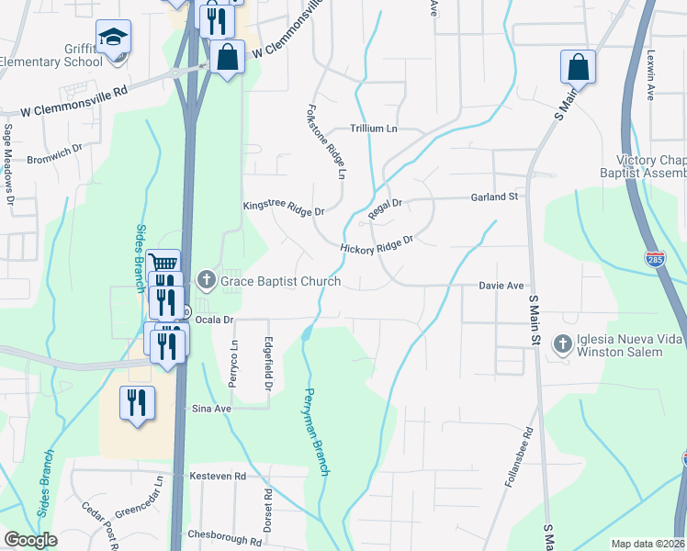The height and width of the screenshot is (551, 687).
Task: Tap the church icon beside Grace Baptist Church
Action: [x=207, y=280]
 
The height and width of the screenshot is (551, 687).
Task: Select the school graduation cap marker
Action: [x=114, y=39]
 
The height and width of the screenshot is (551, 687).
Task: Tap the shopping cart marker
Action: [x=163, y=265]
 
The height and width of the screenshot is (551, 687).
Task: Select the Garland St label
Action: [x=495, y=197]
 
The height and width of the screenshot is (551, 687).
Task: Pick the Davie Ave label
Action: [x=501, y=286]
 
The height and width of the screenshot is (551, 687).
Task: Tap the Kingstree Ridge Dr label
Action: [x=284, y=209]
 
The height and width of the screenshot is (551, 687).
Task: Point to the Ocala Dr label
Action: [x=216, y=320]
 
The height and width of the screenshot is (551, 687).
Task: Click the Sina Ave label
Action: [x=209, y=409]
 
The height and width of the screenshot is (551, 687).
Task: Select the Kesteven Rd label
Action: [x=218, y=476]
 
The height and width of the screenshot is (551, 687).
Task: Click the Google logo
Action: [x=30, y=540]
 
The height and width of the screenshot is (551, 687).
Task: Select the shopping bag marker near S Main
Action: [x=578, y=67]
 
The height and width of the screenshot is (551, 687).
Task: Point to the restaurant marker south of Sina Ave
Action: [x=137, y=402]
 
